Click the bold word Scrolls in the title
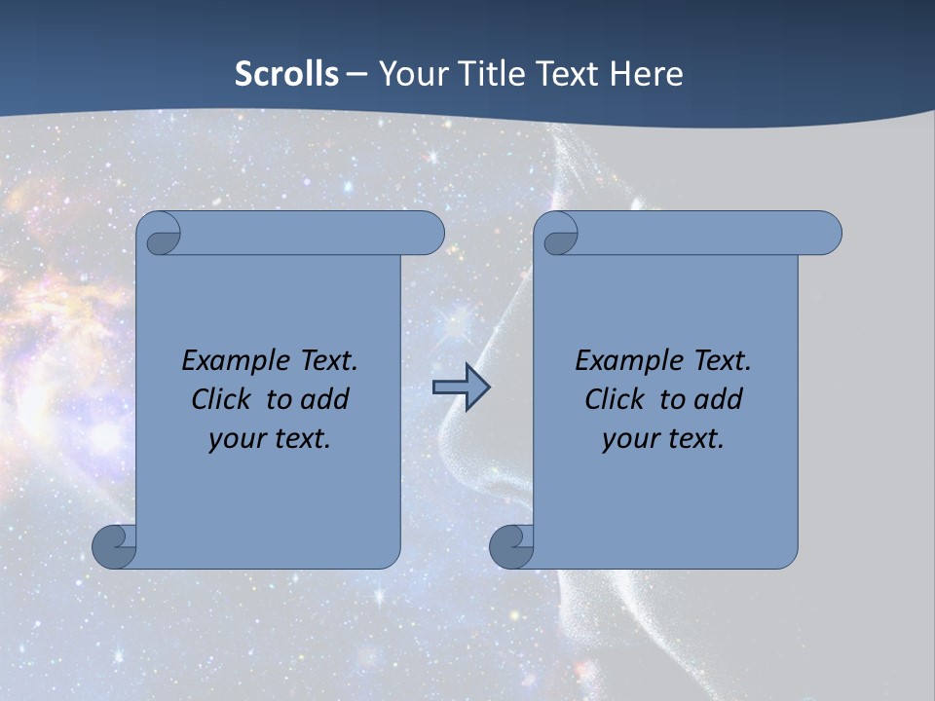[286, 74]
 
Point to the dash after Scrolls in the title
[356, 74]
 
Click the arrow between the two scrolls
[461, 387]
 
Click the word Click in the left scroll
[222, 399]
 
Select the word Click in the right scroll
[615, 399]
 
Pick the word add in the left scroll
[325, 399]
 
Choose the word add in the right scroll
[719, 399]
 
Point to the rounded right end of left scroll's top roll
[429, 234]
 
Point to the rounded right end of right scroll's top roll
[826, 234]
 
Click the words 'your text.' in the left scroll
[270, 438]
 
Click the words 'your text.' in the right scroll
[663, 438]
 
